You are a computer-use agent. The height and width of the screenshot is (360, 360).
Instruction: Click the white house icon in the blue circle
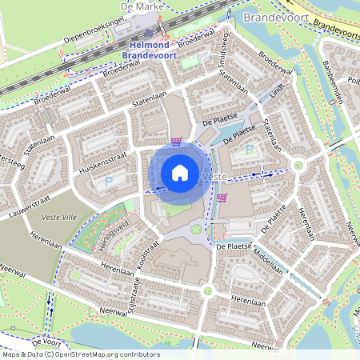tap(180, 172)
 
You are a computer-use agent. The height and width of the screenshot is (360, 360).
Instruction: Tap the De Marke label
tap(137, 6)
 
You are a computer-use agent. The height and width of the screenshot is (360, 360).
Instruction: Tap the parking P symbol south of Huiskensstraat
tap(109, 182)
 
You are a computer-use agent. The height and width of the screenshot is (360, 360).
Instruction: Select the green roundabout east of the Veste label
tap(299, 166)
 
